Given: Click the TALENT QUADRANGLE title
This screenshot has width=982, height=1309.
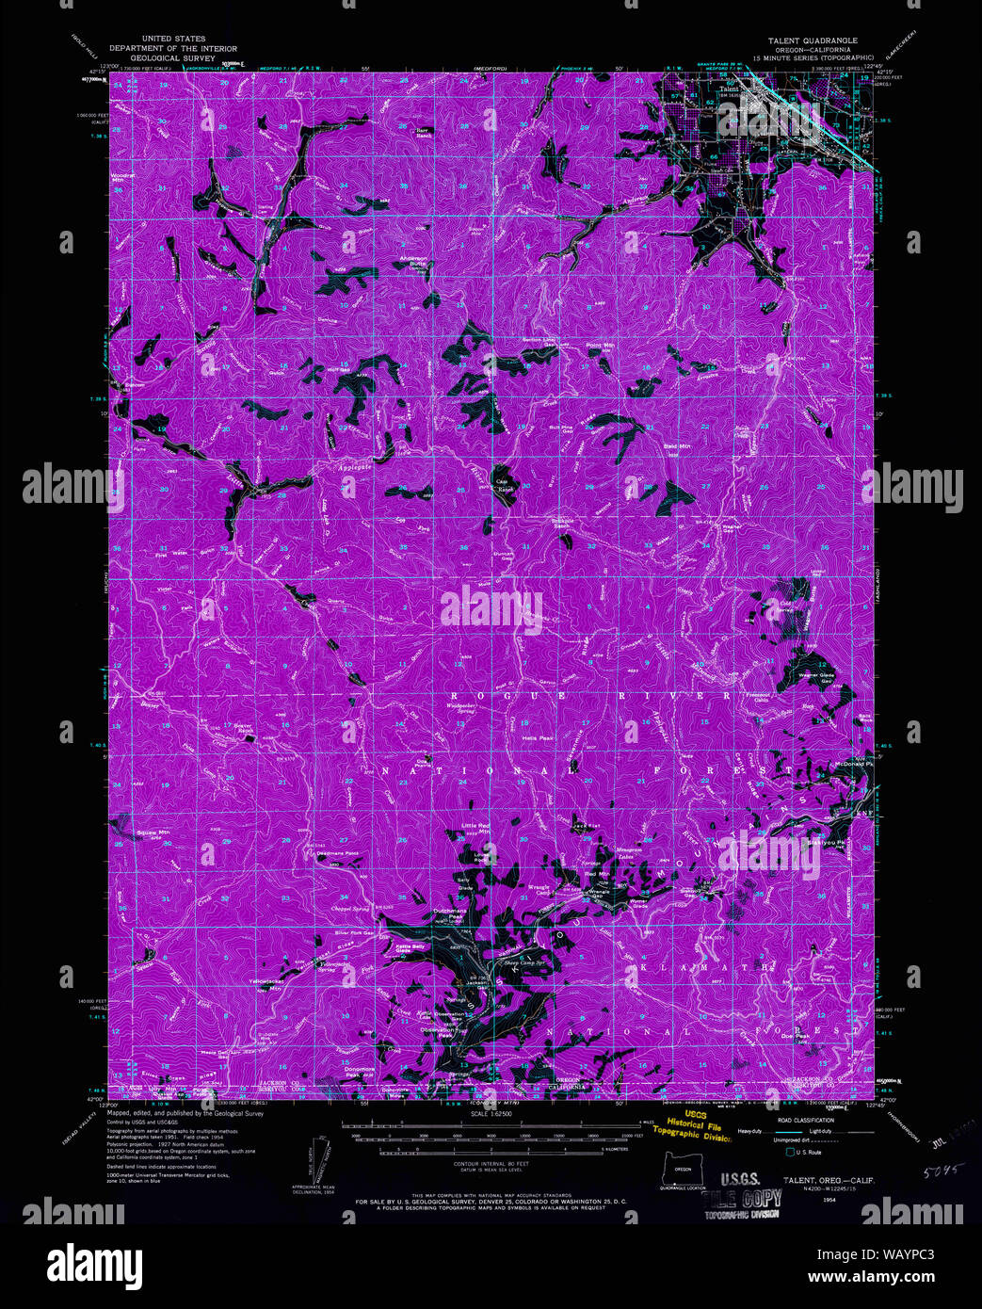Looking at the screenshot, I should (811, 40).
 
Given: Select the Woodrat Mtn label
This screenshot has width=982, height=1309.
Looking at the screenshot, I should (123, 176).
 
